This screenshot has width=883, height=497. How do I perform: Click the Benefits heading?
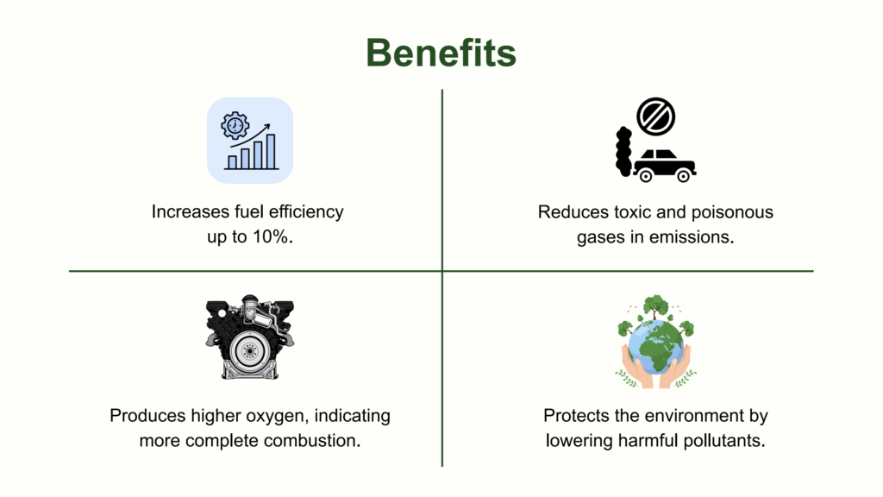(x=441, y=53)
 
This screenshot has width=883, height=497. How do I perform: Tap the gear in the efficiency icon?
(x=235, y=125)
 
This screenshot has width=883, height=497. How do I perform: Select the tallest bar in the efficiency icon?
(x=271, y=152)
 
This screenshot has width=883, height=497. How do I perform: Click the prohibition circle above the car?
(x=656, y=116)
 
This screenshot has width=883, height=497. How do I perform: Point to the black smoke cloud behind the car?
(x=623, y=152)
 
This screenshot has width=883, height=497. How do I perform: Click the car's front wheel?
(x=683, y=176)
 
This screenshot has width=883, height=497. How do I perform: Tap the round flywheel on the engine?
(x=249, y=350)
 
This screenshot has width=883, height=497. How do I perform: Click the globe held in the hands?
(x=656, y=347)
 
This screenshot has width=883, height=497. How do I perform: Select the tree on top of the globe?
(x=655, y=307)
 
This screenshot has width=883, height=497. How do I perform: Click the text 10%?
(x=272, y=236)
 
